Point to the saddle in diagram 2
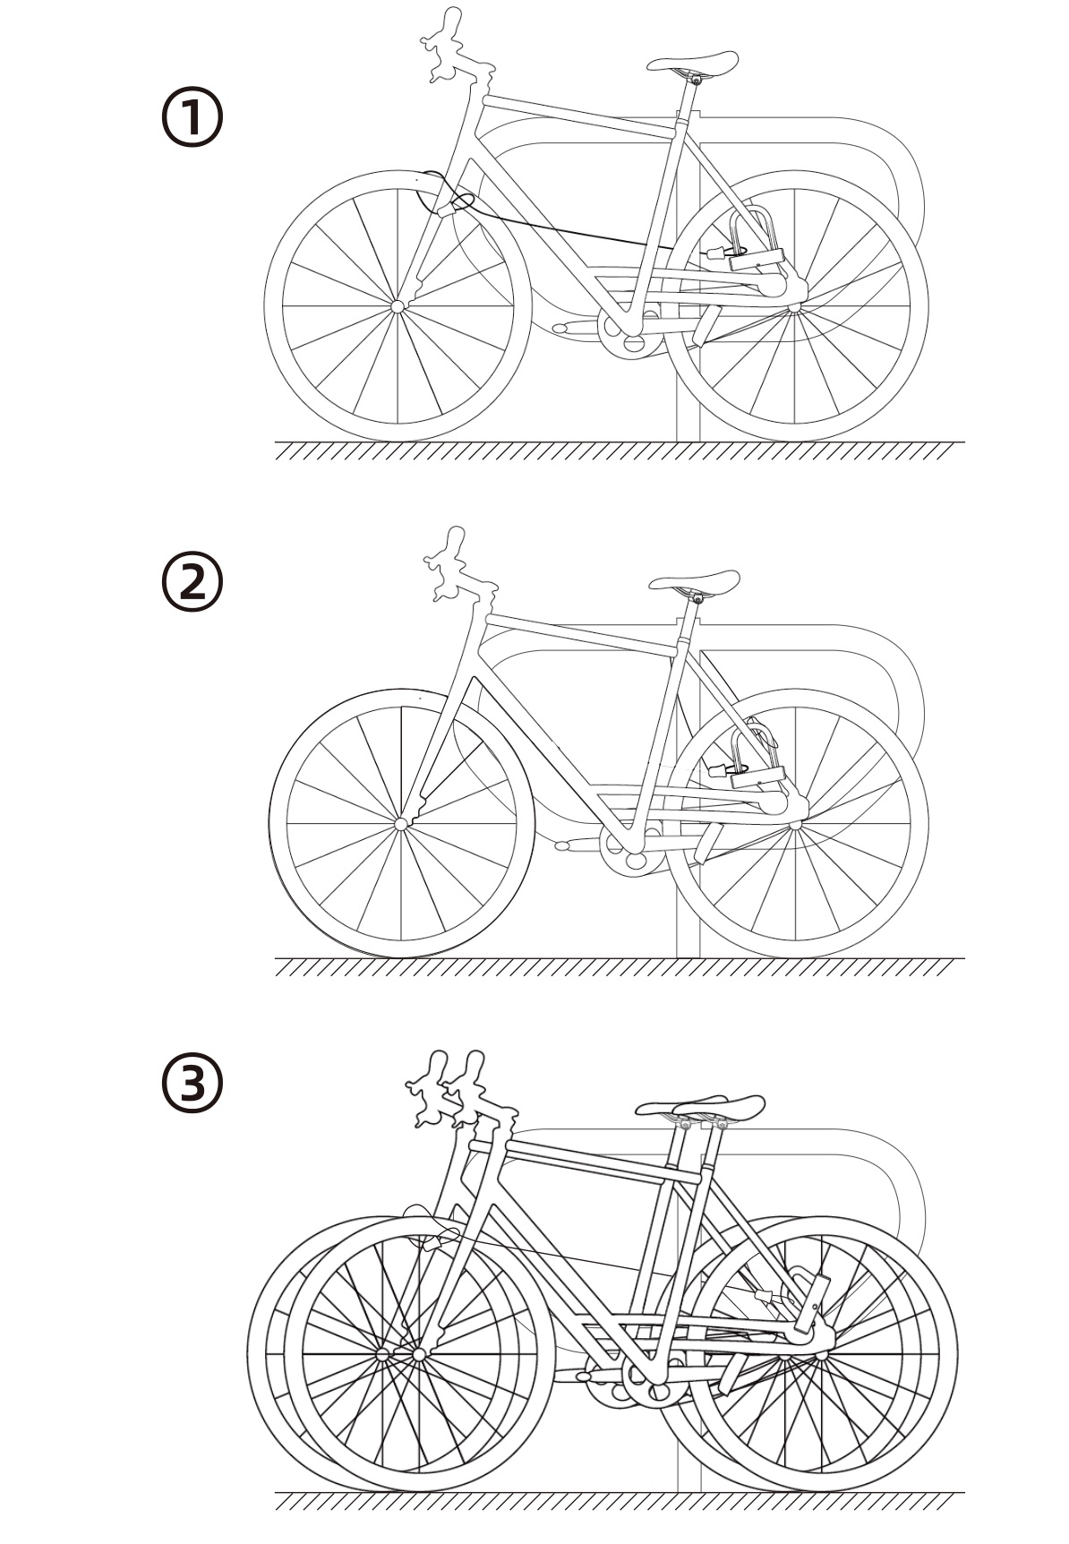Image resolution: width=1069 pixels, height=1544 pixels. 695,580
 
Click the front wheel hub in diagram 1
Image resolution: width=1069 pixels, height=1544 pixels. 398,306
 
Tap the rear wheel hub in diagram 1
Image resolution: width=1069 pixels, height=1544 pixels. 793,308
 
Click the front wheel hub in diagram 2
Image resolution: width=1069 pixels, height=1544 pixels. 400,823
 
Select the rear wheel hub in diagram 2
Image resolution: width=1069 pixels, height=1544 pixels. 793,825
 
